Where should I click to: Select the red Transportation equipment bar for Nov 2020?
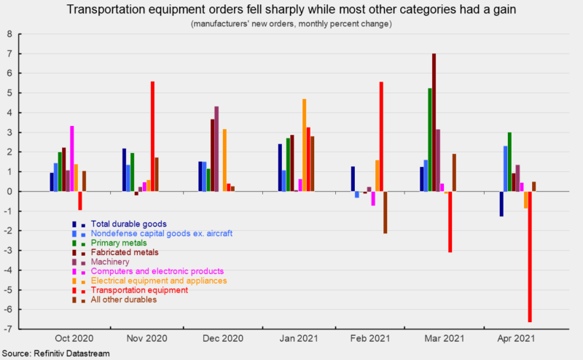[152, 136]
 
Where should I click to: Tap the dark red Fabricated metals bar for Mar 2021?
[434, 122]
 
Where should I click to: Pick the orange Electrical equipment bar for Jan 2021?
[305, 145]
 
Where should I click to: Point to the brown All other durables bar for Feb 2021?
[386, 212]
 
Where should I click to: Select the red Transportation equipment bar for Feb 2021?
[381, 136]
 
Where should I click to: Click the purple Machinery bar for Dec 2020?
[216, 149]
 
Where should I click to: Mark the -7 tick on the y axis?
[9, 329]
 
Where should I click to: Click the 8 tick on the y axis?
[9, 34]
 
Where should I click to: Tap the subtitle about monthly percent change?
[291, 24]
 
